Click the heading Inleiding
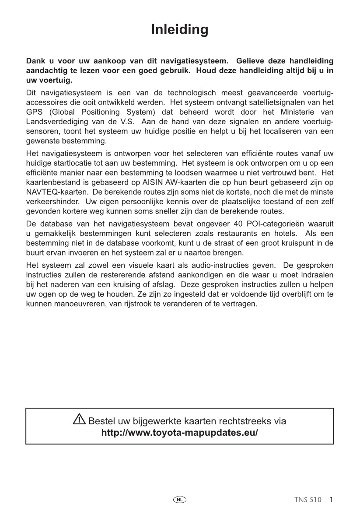pos(180,30)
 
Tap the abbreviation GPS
pos(34,112)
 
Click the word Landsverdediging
pos(53,121)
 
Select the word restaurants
pos(232,234)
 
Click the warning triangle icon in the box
pos(79,420)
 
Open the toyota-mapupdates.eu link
pos(179,433)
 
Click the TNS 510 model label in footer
pos(308,500)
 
